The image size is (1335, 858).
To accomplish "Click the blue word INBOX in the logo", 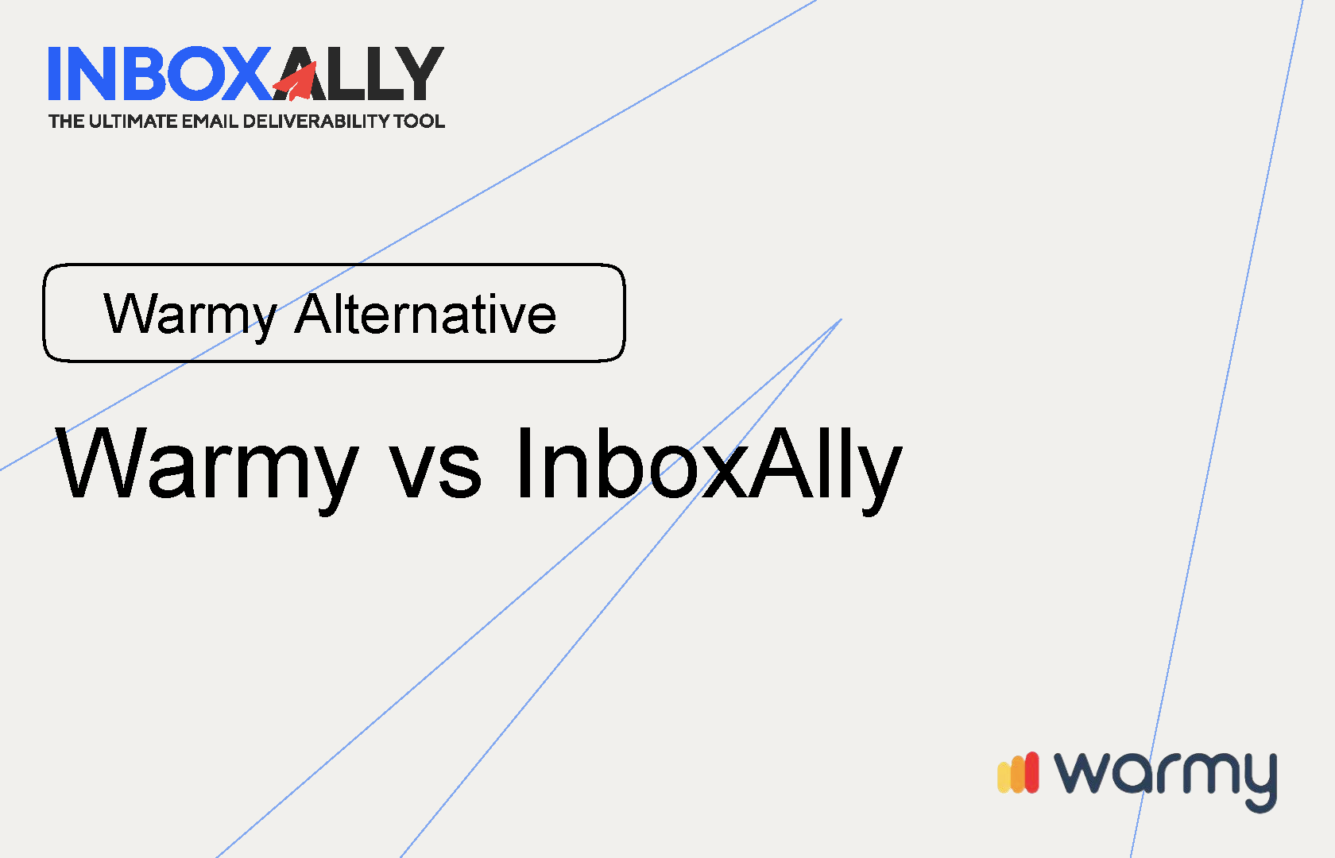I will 159,74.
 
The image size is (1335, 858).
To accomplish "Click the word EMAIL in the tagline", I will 210,122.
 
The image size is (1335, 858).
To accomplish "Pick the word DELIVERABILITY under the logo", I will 315,122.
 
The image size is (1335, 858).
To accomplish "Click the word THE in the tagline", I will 66,122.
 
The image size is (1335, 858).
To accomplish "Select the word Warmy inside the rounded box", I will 190,315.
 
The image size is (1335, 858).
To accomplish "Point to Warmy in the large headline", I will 207,465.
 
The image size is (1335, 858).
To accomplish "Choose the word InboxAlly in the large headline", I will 707,465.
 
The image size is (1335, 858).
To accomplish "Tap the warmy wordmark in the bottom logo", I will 1165,775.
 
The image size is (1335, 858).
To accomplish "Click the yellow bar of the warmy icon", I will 1004,777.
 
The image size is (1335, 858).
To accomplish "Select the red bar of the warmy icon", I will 1031,772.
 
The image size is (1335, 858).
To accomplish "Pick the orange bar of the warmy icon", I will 1017,775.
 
